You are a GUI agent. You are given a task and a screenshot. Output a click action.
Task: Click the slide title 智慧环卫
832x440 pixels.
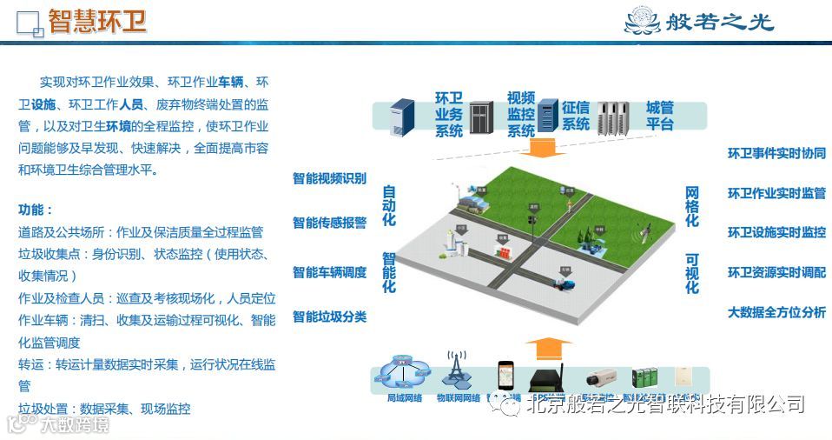coord(96,21)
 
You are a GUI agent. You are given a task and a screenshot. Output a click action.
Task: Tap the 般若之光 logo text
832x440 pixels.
coord(722,22)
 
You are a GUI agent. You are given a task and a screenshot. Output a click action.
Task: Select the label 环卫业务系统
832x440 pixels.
coord(449,114)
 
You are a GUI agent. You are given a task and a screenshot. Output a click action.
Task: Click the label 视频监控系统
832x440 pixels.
coord(520,114)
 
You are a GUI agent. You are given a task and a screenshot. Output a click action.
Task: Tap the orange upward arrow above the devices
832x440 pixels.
coord(547,348)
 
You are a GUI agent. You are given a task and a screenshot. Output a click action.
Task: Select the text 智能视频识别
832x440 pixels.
coord(329,179)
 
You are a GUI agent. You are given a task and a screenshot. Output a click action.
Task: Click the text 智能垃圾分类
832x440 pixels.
coord(329,317)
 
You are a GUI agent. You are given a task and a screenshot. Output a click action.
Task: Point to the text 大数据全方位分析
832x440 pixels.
coord(776,312)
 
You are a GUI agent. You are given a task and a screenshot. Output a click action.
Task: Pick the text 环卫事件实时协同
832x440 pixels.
coord(776,153)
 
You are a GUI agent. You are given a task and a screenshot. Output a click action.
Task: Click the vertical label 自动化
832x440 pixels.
coord(388,206)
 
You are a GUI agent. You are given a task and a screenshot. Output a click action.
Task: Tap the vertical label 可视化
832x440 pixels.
coord(692,273)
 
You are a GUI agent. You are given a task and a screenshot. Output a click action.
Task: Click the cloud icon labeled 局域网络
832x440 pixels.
coord(404,376)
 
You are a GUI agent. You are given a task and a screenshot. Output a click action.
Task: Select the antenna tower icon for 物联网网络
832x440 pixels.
coord(457,371)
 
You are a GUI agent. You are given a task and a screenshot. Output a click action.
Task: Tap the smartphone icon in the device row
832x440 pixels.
coord(506,376)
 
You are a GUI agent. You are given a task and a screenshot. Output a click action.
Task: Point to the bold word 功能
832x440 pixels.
coord(36,210)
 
